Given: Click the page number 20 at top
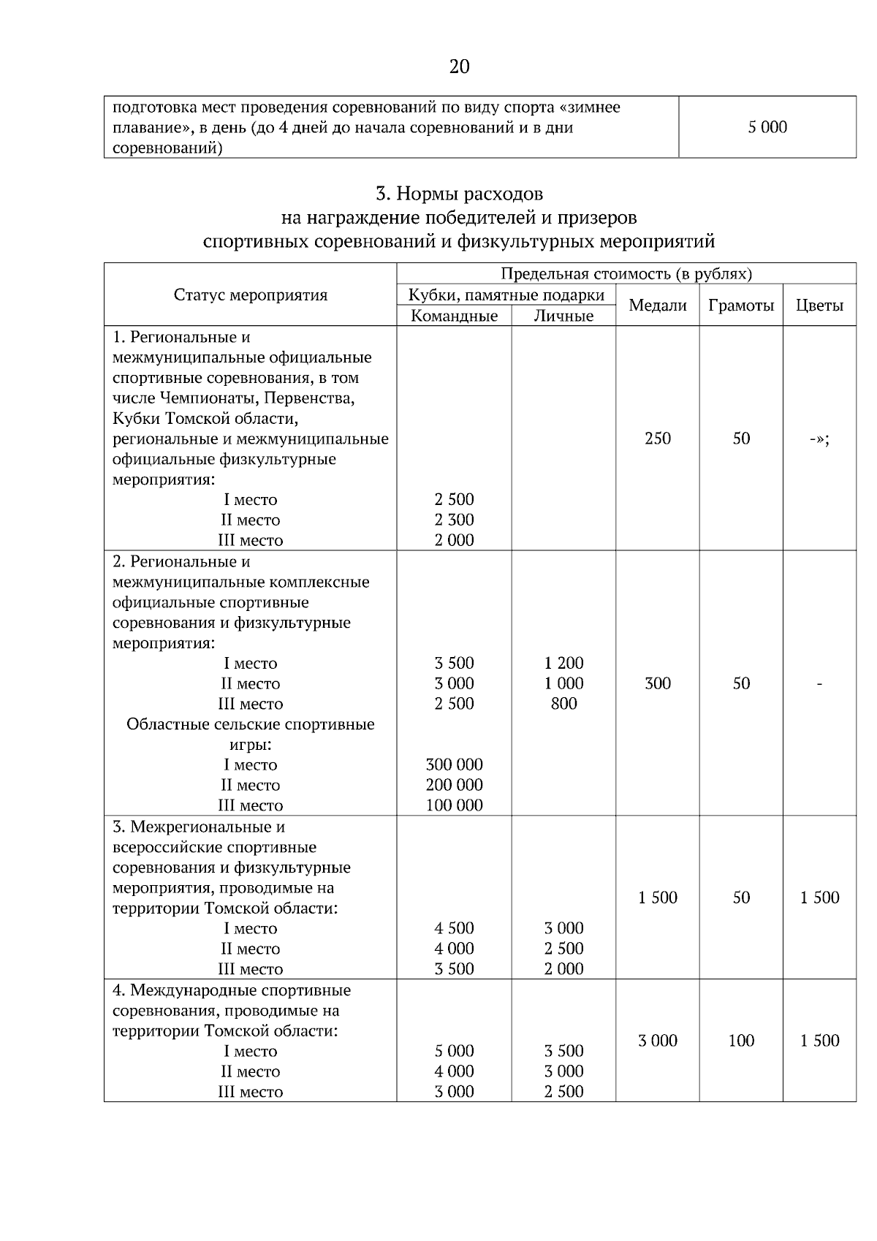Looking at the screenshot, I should (x=459, y=67).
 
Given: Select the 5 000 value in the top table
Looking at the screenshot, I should (x=767, y=127).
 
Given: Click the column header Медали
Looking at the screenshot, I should (x=658, y=305).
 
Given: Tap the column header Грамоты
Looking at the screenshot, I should (x=740, y=305).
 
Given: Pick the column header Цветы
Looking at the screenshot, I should (x=819, y=305).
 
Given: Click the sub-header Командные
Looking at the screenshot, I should (x=454, y=316).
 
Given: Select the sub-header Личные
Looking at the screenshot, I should (x=563, y=316).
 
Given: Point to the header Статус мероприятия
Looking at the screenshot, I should (x=251, y=295).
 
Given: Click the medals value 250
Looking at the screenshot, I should (x=658, y=439).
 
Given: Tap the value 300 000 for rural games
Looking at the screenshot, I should (x=454, y=765).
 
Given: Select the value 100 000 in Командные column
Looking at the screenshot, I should (x=454, y=805).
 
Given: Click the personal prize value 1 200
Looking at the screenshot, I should (x=563, y=664).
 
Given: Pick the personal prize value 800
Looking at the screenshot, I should (x=563, y=704).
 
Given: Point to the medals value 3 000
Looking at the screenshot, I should (x=658, y=1041).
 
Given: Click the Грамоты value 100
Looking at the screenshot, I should (x=740, y=1041).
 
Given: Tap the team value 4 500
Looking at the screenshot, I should (x=454, y=928).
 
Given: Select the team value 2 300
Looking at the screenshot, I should (x=454, y=520).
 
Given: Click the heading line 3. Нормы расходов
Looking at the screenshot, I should (x=459, y=194).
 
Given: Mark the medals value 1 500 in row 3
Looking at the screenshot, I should (x=658, y=897).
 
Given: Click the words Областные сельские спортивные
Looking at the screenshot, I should (x=251, y=724).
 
